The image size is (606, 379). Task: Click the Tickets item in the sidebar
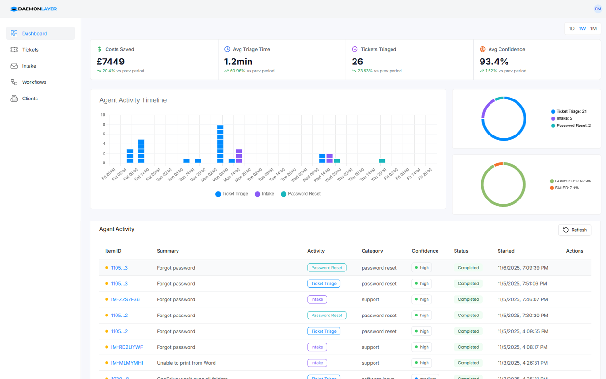click(30, 50)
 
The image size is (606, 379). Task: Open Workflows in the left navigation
click(34, 82)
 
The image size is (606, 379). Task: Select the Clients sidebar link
click(30, 99)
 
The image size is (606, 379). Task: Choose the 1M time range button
click(593, 29)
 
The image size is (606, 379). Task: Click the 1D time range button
click(571, 29)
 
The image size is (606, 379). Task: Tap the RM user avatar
click(597, 9)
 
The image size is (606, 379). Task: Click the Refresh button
click(574, 230)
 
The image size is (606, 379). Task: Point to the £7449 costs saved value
click(110, 62)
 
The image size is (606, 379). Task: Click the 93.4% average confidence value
click(494, 62)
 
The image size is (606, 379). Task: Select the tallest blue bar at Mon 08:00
click(220, 144)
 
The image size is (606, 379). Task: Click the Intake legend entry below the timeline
click(264, 194)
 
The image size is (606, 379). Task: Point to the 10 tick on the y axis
click(103, 115)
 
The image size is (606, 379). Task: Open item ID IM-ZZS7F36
click(125, 299)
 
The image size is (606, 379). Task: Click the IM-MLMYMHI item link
click(126, 363)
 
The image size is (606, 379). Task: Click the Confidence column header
click(425, 251)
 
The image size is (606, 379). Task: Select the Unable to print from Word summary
click(186, 363)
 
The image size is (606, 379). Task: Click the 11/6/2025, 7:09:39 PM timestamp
click(523, 268)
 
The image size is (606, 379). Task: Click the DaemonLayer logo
click(34, 9)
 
